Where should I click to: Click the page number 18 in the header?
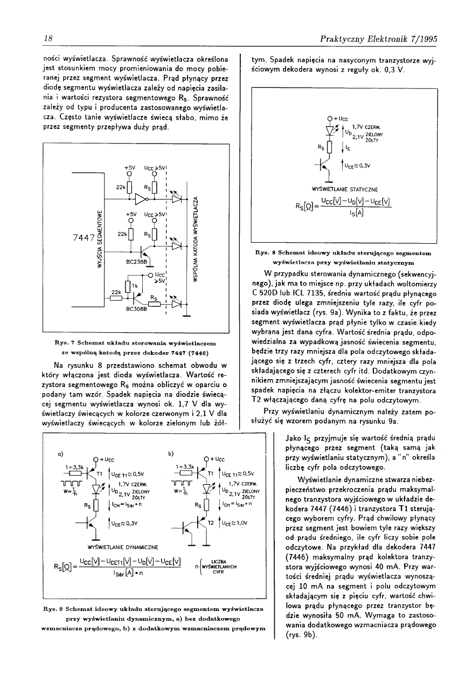pyautogui.click(x=47, y=39)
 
